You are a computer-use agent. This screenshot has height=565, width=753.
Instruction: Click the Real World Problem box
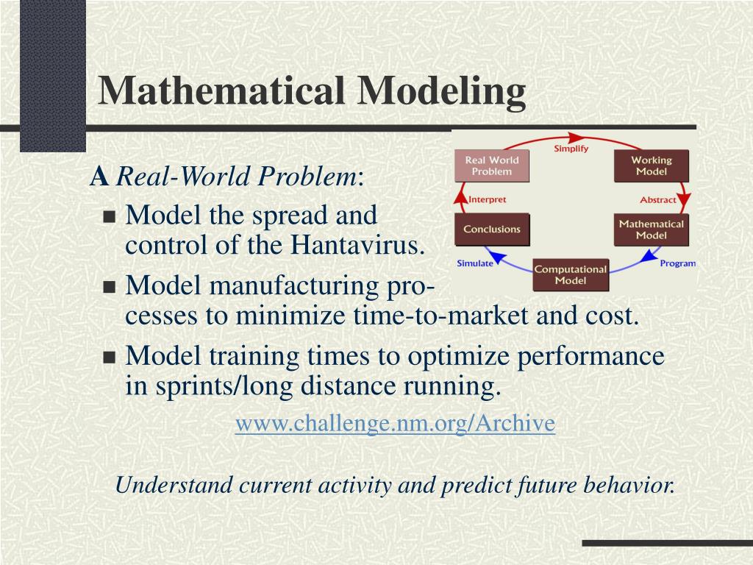(x=492, y=166)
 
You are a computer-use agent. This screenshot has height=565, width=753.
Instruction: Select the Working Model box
(x=652, y=166)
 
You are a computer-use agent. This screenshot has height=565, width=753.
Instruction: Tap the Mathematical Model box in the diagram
(x=652, y=230)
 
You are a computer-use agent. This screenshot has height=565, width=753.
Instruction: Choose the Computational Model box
(x=570, y=274)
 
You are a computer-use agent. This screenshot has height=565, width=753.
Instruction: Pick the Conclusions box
(x=492, y=229)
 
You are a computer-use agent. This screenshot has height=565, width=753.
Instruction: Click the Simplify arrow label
(x=571, y=149)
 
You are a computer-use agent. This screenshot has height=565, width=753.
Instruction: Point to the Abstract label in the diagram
(x=658, y=199)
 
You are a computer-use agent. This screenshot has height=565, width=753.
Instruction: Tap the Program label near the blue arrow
(x=677, y=263)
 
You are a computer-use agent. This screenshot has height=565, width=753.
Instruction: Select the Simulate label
(x=475, y=263)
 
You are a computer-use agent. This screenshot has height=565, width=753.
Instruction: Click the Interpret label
(x=487, y=199)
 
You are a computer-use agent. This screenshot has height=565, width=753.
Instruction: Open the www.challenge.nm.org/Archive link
(x=395, y=424)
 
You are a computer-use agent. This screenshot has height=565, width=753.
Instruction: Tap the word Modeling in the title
(x=442, y=91)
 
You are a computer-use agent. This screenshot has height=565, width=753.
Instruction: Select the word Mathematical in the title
(x=223, y=91)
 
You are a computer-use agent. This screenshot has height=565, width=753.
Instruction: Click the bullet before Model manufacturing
(x=110, y=287)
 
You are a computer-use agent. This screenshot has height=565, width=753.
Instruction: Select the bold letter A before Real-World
(x=99, y=177)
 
